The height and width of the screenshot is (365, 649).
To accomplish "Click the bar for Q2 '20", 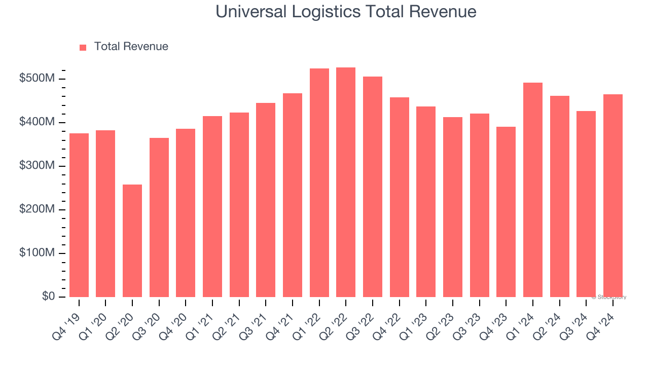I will point(132,241).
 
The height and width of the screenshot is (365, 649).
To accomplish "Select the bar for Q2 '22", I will point(346,182).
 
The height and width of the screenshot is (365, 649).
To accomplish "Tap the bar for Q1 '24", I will point(533,190).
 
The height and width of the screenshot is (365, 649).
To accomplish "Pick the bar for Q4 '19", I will point(79,215).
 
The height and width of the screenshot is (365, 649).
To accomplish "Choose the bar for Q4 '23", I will point(506,212).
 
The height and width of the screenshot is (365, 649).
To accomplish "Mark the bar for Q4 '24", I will point(613,196).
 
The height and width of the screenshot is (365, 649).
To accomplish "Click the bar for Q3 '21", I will point(266,200).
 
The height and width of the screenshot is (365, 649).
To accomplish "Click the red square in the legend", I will point(83,47).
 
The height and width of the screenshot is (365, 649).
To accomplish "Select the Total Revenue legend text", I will point(131,47).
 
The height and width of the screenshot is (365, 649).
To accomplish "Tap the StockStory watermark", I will point(609,297).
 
